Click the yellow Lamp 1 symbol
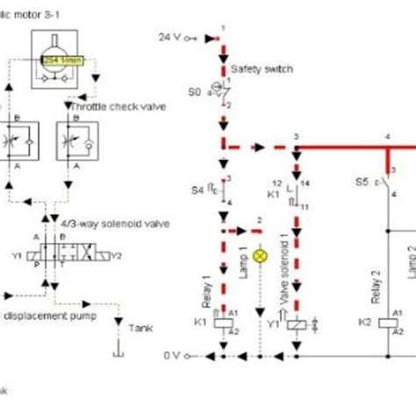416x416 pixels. (260, 256)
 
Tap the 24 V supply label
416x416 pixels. (170, 37)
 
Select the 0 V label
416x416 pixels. (171, 355)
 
